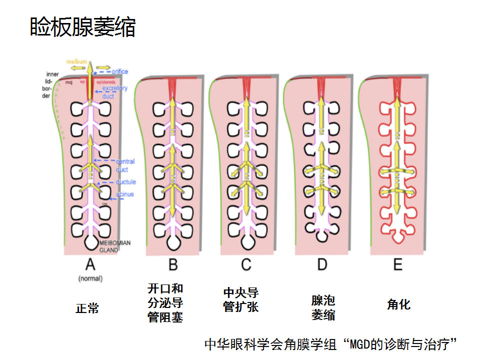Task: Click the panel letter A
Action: [x=90, y=264]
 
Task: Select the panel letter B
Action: [x=172, y=264]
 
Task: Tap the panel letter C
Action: [x=246, y=264]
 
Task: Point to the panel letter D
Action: [x=322, y=264]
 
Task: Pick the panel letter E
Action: [x=397, y=264]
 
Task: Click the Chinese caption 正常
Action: [x=87, y=308]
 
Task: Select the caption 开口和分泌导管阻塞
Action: [x=165, y=302]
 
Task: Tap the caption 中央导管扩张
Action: [x=240, y=299]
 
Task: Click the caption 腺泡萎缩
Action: [x=323, y=307]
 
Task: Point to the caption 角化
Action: [x=398, y=304]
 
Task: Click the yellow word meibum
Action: [x=76, y=61]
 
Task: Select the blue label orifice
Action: [x=120, y=71]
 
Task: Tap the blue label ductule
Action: [x=125, y=182]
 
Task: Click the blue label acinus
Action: [x=125, y=194]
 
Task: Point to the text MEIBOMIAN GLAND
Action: [x=115, y=246]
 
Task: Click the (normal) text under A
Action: [x=90, y=278]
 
